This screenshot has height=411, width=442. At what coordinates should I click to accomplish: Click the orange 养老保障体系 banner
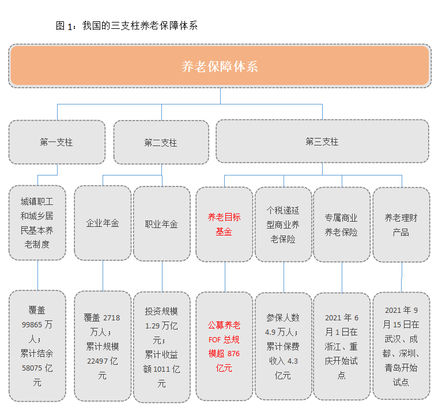pos(220,66)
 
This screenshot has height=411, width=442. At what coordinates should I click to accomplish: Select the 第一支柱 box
pos(57,142)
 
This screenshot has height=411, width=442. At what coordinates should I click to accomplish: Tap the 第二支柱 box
pos(161,142)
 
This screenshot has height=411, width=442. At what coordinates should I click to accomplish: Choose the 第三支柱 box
pos(323,141)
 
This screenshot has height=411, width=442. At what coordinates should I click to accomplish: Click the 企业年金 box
pos(103,223)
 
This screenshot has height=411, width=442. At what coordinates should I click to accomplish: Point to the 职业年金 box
pos(162,224)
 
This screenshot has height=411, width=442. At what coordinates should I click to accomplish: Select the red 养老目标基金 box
pos(224,225)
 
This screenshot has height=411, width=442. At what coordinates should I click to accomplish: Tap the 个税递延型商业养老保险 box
pos(284,225)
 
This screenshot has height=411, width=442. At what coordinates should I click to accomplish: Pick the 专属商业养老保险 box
pos(342,225)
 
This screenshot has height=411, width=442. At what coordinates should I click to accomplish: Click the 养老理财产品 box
pos(402,225)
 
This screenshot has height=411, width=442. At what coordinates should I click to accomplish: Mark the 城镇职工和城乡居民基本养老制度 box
pos(37,223)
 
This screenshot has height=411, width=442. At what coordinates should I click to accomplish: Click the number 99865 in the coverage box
pos(32,324)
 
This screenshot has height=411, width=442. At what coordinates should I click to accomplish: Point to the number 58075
pos(32,368)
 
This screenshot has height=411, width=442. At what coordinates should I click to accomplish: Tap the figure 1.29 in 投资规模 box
pos(153,326)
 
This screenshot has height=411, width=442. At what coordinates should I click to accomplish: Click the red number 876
pos(233,354)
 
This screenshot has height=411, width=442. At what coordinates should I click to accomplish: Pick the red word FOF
pos(214,339)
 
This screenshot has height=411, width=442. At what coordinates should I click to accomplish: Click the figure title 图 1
pos(64,26)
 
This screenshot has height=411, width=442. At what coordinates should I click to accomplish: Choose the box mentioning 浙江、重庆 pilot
pos(342,346)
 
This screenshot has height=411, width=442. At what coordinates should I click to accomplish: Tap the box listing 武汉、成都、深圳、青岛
pos(402,346)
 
